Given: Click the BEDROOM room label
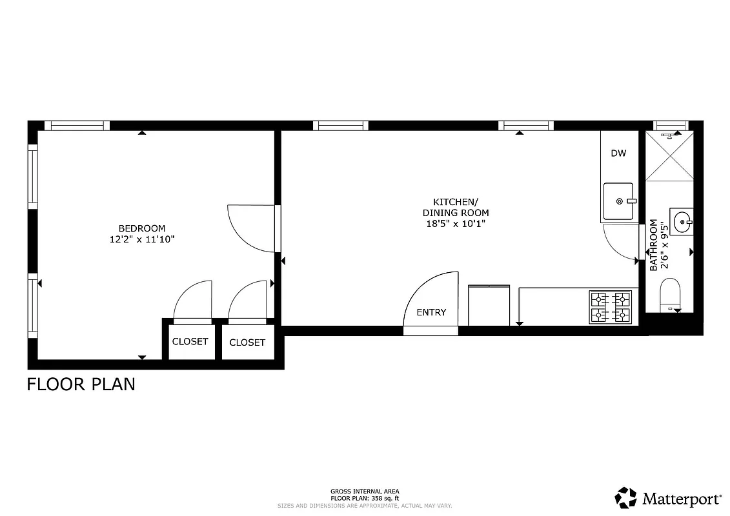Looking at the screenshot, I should pyautogui.click(x=141, y=228).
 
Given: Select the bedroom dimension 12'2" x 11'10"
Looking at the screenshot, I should pyautogui.click(x=141, y=239).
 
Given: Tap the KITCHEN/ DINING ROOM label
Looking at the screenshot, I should pyautogui.click(x=455, y=207).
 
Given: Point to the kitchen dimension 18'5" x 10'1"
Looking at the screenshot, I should pyautogui.click(x=455, y=224).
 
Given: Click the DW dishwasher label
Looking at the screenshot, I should pyautogui.click(x=618, y=154).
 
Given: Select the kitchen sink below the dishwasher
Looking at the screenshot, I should pyautogui.click(x=618, y=202).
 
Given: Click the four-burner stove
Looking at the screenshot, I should pyautogui.click(x=610, y=307).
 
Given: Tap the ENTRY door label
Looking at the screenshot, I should pyautogui.click(x=431, y=313).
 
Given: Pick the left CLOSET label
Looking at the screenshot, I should pyautogui.click(x=190, y=342).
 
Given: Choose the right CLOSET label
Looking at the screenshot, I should pyautogui.click(x=247, y=342).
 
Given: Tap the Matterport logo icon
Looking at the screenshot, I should pyautogui.click(x=625, y=498).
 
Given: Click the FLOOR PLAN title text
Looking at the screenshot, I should pyautogui.click(x=81, y=384).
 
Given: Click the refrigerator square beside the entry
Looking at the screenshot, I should pyautogui.click(x=489, y=306).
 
